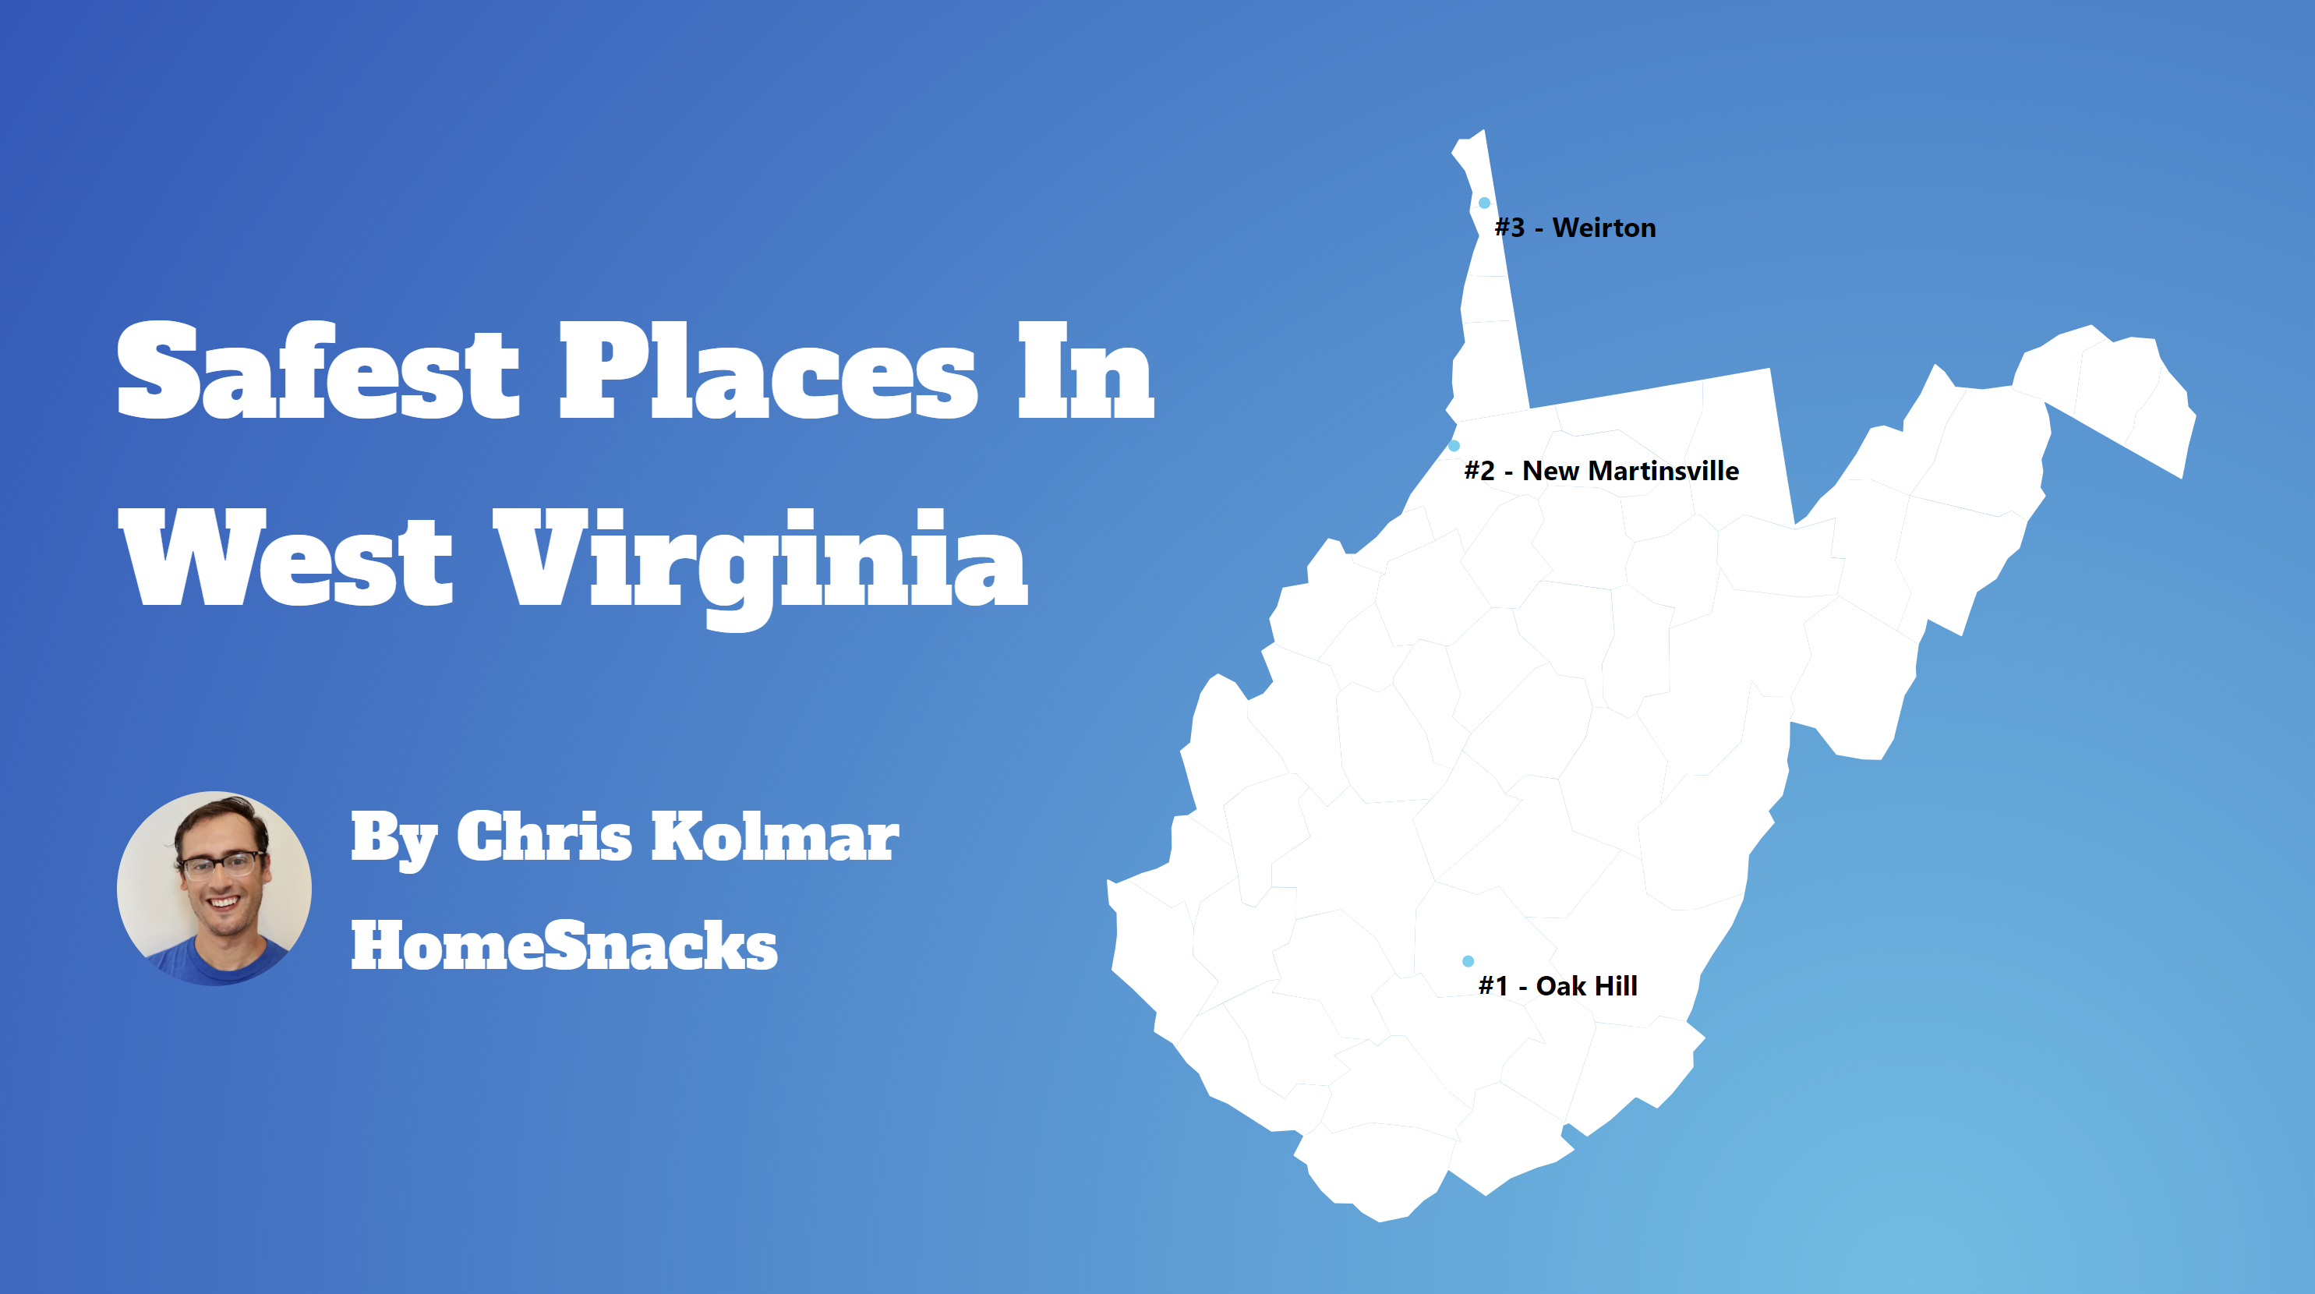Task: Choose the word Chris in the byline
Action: pyautogui.click(x=544, y=836)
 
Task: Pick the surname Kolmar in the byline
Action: pyautogui.click(x=774, y=836)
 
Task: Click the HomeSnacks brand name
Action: pyautogui.click(x=564, y=946)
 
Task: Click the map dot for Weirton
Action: pyautogui.click(x=1484, y=203)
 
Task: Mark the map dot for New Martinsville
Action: pyautogui.click(x=1453, y=446)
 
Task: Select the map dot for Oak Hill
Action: pyautogui.click(x=1468, y=960)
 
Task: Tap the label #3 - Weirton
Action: pyautogui.click(x=1575, y=228)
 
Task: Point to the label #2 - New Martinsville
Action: pyautogui.click(x=1600, y=471)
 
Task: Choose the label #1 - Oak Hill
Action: pyautogui.click(x=1557, y=986)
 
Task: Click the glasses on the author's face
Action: pyautogui.click(x=221, y=864)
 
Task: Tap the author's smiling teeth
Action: pyautogui.click(x=224, y=901)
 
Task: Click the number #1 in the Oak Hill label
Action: pyautogui.click(x=1493, y=986)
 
